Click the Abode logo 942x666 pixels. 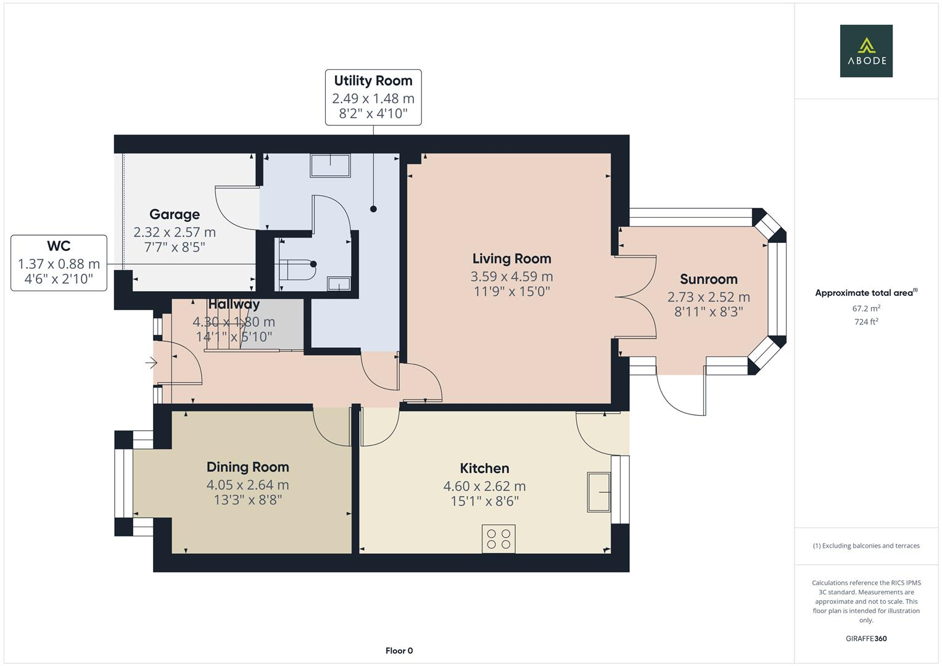point(866,51)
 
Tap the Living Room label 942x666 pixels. point(511,259)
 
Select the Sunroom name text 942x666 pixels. point(708,279)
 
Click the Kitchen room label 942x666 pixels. point(484,469)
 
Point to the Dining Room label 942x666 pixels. point(247,467)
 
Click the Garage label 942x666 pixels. point(175,215)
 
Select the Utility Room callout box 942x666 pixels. point(373,97)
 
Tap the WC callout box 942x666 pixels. point(59,263)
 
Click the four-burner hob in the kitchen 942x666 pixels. point(498,539)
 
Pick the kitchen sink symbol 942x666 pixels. point(598,492)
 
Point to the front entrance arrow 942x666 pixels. point(151,363)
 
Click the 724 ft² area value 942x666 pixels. point(866,321)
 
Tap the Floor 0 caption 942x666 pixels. point(399,651)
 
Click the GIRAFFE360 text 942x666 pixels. point(866,638)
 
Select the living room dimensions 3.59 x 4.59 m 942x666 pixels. point(511,276)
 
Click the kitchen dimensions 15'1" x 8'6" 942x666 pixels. point(484,501)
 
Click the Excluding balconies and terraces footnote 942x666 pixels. point(866,546)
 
